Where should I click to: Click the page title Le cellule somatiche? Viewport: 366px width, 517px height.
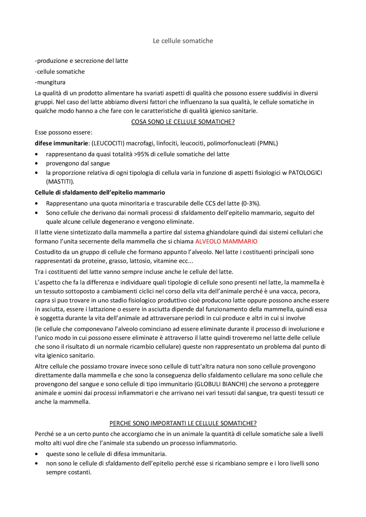coord(183,41)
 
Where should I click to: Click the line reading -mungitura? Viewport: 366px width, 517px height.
coord(50,82)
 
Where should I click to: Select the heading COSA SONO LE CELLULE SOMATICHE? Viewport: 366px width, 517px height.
coord(183,122)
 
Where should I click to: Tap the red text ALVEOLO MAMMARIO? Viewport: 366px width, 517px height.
coord(226,241)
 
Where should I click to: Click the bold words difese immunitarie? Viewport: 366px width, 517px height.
coord(61,143)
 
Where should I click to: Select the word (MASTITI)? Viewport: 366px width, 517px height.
coord(60,182)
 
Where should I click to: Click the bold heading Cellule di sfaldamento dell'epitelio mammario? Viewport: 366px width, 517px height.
coord(100,192)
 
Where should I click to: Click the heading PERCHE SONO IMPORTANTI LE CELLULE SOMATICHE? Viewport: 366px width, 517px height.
coord(183,423)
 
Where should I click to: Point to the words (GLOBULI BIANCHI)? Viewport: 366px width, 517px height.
coord(221,384)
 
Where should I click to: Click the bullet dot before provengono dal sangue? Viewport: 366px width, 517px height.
coord(36,164)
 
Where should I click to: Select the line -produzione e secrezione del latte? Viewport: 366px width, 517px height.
coord(81,61)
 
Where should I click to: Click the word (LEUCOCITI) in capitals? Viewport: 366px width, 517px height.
coord(108,143)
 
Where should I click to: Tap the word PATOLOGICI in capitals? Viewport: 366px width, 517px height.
coord(305,173)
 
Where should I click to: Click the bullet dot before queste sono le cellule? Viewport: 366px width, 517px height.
coord(36,454)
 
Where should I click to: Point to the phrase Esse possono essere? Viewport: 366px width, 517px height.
coord(63,132)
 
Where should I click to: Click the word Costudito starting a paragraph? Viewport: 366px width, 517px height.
coord(48,252)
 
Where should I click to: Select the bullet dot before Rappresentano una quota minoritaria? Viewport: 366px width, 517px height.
coord(36,204)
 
